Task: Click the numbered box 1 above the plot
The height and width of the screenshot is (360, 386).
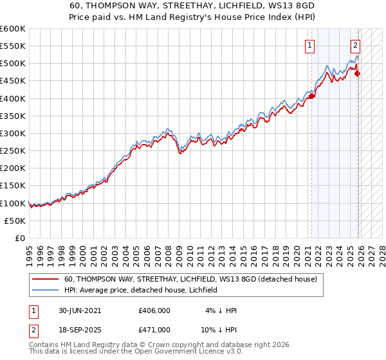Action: pos(311,45)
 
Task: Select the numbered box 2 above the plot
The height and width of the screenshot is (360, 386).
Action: pos(355,45)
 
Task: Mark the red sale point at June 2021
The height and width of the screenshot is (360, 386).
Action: pos(311,96)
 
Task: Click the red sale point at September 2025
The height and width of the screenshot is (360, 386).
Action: pos(357,73)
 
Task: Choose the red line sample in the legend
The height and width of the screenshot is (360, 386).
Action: pos(46,280)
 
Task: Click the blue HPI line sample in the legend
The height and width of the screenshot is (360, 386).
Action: pos(46,290)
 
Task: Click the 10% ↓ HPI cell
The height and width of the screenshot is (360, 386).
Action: pos(218,329)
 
